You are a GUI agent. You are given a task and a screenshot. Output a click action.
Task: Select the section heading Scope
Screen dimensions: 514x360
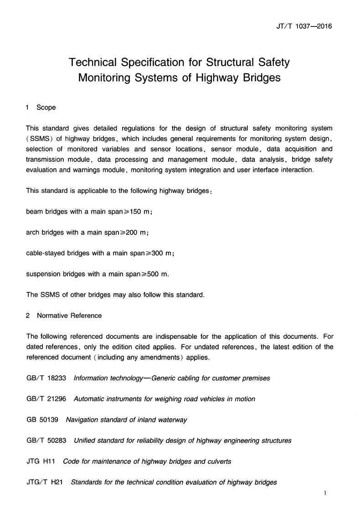tap(46, 108)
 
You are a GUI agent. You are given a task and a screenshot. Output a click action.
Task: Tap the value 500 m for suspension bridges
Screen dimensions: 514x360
tap(159, 274)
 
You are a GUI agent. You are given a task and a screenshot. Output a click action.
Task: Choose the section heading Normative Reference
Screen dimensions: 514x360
tap(69, 316)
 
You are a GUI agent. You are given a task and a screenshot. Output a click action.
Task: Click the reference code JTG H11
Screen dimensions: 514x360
tap(41, 462)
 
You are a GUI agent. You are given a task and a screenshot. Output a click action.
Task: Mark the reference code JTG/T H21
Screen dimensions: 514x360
tap(44, 482)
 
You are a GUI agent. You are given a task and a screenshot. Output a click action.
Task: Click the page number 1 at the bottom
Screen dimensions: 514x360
tap(325, 493)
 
